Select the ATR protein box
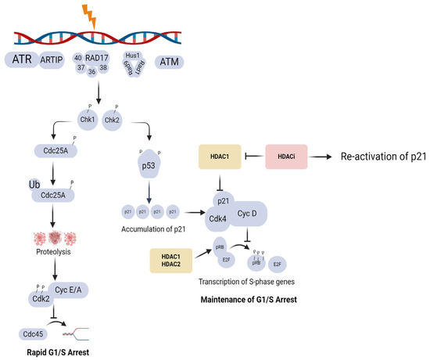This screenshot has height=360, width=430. [23, 60]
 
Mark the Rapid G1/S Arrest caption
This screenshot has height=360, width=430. [56, 353]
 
